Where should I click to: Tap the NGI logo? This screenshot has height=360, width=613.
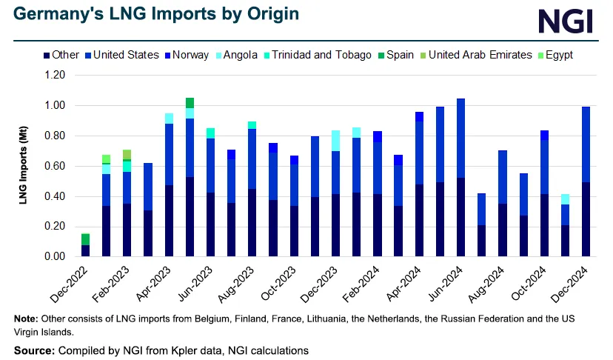coord(565,21)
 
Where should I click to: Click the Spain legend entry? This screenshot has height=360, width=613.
coord(400,55)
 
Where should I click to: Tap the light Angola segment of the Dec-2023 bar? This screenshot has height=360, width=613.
coord(336,141)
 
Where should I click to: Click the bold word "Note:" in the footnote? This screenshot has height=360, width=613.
coord(28,319)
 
